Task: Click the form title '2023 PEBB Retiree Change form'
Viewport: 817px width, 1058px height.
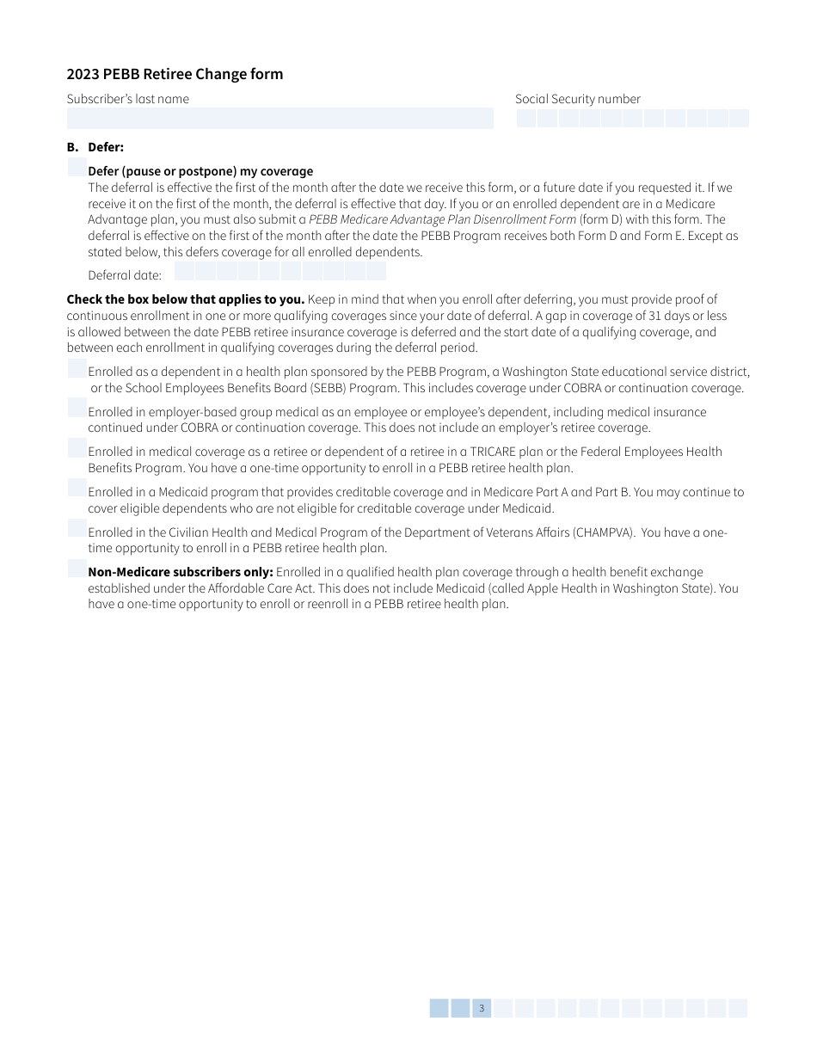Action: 175,74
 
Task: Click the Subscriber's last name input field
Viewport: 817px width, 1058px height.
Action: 279,118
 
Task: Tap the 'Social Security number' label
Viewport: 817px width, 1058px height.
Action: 577,99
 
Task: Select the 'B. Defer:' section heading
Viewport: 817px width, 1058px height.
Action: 95,147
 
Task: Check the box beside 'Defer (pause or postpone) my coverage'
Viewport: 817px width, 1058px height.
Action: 77,168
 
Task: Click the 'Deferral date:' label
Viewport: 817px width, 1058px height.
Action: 125,275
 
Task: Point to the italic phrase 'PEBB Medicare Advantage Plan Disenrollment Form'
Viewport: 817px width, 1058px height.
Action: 442,219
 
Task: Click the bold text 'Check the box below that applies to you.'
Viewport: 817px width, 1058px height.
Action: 185,299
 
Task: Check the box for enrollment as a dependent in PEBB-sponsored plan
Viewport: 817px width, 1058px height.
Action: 77,369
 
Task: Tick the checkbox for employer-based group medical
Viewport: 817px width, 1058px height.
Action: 77,409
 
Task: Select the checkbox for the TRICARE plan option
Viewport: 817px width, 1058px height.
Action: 77,448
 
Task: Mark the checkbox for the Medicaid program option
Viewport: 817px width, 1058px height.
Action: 77,489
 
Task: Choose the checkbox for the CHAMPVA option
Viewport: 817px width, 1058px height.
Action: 77,528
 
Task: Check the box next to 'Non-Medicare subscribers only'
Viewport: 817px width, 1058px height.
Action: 77,569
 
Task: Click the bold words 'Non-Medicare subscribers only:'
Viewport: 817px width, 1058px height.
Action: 181,572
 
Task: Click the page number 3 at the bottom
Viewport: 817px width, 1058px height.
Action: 482,1008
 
